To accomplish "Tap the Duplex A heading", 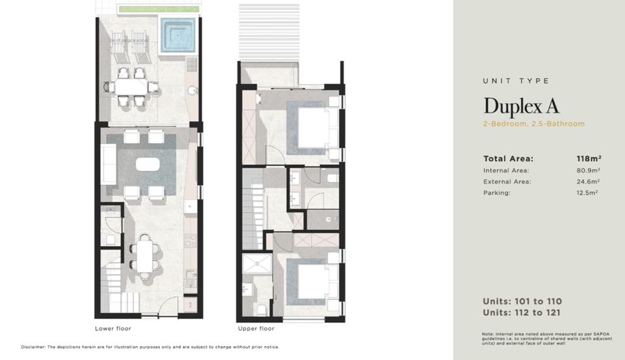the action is tap(521, 106).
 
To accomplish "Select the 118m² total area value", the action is tap(589, 158).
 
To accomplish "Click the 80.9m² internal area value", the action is tap(588, 170).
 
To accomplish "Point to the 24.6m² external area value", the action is tap(588, 181).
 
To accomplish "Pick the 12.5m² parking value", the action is tap(587, 193).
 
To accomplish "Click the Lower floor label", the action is tap(113, 328).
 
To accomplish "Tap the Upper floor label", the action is tap(256, 328).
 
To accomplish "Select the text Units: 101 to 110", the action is tap(522, 301).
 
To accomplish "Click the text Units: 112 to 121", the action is tap(521, 312).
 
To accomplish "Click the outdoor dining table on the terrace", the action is tap(132, 87).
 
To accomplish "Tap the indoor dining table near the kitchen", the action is tap(145, 257).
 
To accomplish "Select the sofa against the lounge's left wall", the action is tap(109, 164).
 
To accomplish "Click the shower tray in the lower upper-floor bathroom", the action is tap(257, 264).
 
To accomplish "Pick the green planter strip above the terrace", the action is tap(159, 9).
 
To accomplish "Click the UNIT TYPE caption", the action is tap(516, 81).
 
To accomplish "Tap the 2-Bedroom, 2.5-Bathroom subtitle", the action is tap(533, 124).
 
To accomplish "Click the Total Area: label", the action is tap(508, 159).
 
